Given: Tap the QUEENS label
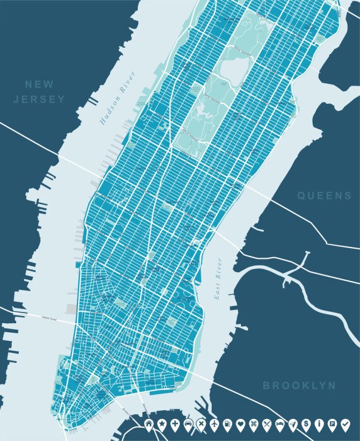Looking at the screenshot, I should tap(325, 196).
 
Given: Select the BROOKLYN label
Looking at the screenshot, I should tap(299, 385).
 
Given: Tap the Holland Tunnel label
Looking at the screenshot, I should tap(53, 316).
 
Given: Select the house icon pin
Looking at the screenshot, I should tap(150, 423).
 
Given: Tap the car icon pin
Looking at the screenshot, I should tap(189, 423).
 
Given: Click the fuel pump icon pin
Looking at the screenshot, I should tap(228, 423).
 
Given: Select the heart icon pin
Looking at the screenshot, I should tap(241, 423).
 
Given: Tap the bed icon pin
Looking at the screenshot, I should tap(280, 423).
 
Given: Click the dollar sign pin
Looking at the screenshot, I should tap(306, 423).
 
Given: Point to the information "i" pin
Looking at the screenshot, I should tap(319, 423).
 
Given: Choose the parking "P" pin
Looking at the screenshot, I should tap(332, 423).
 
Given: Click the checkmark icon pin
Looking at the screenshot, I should tap(345, 423).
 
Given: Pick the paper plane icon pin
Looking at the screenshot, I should tap(293, 423).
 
